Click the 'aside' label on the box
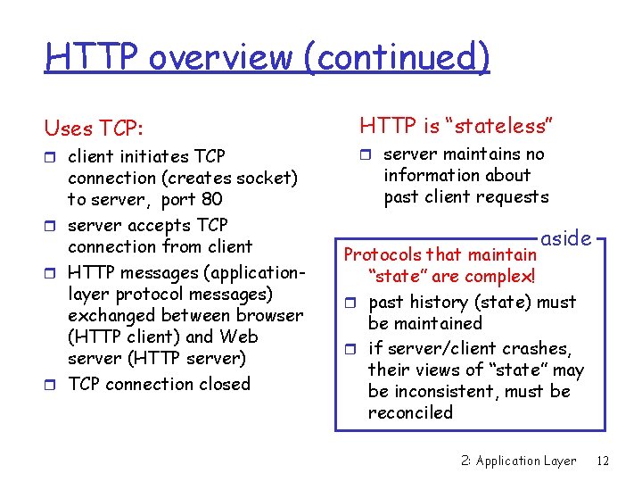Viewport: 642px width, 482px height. pyautogui.click(x=566, y=238)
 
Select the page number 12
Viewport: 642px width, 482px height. pyautogui.click(x=603, y=461)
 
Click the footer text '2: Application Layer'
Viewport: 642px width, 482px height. pyautogui.click(x=519, y=461)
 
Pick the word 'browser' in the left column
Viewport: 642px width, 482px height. pyautogui.click(x=267, y=315)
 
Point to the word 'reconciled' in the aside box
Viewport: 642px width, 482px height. pyautogui.click(x=410, y=413)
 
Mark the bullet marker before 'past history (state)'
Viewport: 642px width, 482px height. pyautogui.click(x=350, y=303)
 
